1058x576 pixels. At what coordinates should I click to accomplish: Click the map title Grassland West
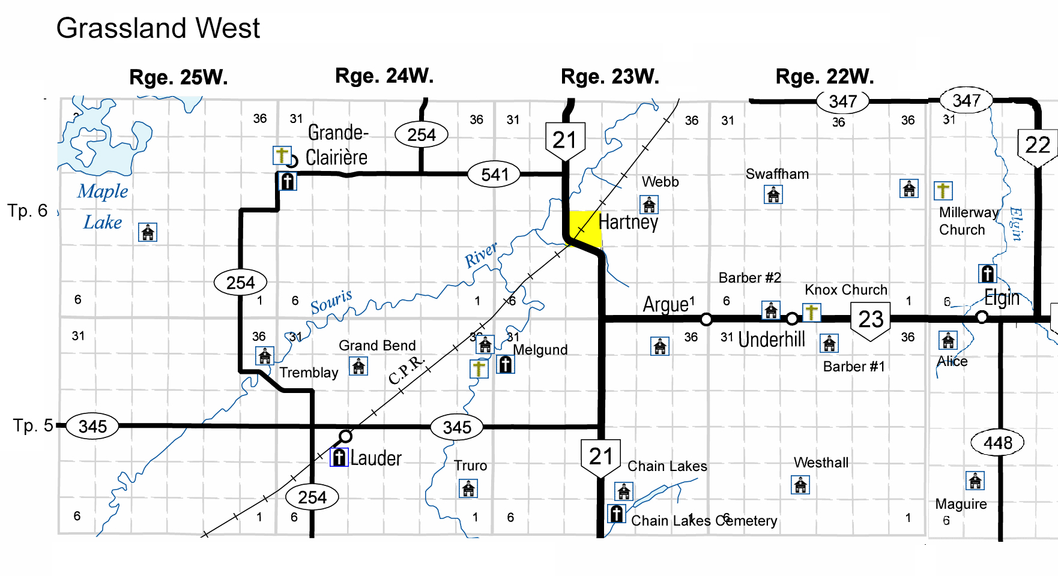click(158, 28)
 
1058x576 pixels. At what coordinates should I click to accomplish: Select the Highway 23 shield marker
click(871, 320)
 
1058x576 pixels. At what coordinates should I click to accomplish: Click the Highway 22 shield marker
click(1038, 146)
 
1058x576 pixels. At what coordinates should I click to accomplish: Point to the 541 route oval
click(494, 175)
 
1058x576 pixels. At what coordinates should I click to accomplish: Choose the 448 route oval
click(997, 443)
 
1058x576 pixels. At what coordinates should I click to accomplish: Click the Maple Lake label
click(103, 206)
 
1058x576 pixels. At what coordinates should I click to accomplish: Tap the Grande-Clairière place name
click(337, 145)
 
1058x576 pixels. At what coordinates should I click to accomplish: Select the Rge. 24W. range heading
click(384, 76)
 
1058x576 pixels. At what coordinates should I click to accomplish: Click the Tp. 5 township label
click(33, 425)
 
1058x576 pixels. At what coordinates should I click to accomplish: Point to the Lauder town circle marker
click(345, 436)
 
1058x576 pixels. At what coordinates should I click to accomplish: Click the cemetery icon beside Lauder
click(339, 458)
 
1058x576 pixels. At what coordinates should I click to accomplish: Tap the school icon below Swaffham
click(773, 194)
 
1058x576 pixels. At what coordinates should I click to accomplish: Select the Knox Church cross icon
click(811, 313)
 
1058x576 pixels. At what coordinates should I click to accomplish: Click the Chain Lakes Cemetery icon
click(616, 514)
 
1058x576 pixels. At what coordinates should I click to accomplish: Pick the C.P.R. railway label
click(407, 370)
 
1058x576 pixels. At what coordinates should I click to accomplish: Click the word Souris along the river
click(331, 302)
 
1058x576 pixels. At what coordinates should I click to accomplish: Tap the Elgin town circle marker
click(982, 317)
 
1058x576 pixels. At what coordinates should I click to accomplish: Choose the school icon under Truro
click(468, 488)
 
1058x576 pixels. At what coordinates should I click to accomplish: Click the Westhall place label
click(821, 463)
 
